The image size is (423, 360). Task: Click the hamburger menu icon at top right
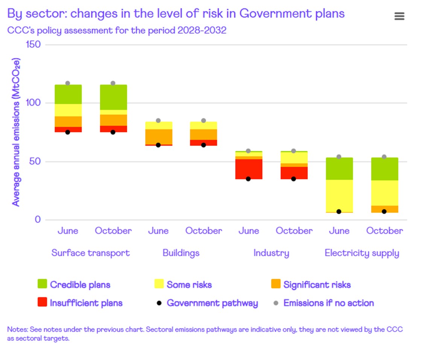[x=399, y=16]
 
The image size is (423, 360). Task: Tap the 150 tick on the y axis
[x=33, y=45]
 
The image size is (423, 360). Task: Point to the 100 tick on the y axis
[x=33, y=103]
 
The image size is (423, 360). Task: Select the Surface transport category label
[x=90, y=253]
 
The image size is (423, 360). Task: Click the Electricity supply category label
[x=362, y=253]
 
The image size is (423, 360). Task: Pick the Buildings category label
[x=181, y=253]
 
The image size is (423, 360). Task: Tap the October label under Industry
[x=294, y=231]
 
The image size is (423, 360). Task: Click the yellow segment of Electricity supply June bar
[x=339, y=196]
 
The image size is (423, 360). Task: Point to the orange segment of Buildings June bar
[x=158, y=137]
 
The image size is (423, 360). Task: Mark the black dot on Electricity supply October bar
[x=384, y=211]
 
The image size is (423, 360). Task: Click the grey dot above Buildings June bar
[x=158, y=120]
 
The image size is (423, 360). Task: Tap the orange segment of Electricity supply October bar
[x=384, y=208]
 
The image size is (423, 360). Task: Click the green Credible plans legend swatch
[x=43, y=284]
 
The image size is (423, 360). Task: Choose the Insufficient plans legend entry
[x=86, y=303]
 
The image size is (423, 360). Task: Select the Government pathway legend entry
[x=212, y=303]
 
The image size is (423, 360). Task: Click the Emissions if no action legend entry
[x=329, y=303]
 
